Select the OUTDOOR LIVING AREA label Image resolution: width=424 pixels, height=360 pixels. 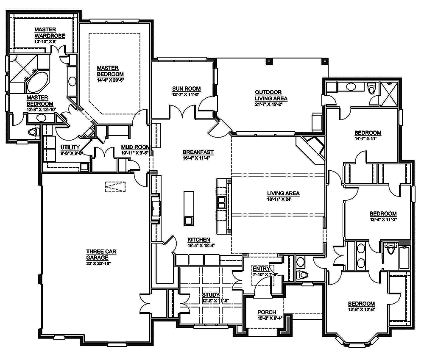[x=271, y=95]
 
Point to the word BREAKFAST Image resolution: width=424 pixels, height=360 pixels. [x=198, y=152]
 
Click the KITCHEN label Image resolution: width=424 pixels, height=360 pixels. [x=199, y=239]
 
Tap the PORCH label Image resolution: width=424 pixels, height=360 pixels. [x=267, y=312]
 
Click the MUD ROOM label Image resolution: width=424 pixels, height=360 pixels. [x=136, y=147]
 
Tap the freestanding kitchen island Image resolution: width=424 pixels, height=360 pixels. [x=188, y=208]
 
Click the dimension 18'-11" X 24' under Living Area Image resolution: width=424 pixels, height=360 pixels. [x=283, y=199]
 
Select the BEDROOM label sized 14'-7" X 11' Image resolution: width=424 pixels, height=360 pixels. [x=368, y=133]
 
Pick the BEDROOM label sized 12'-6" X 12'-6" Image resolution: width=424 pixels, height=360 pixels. [x=361, y=304]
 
